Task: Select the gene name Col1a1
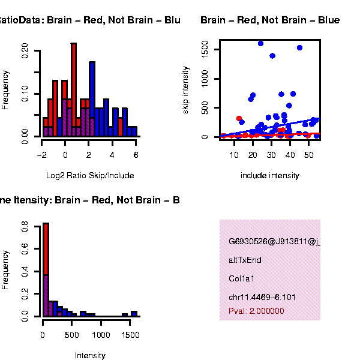point(241,279)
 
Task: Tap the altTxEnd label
point(245,260)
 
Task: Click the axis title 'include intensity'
point(269,176)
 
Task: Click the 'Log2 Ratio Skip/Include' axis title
point(90,176)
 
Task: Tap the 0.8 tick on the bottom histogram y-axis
point(25,227)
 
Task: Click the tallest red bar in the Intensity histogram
point(45,249)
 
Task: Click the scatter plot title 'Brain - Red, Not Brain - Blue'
point(270,20)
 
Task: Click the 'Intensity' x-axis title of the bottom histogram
point(90,355)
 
